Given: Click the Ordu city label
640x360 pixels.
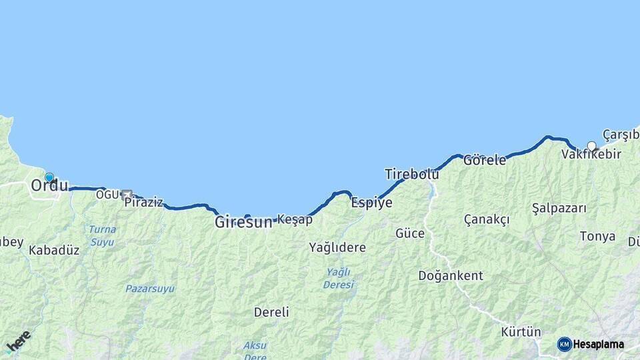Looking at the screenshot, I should [49, 186].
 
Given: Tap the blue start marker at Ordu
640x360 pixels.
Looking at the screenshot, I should [49, 177].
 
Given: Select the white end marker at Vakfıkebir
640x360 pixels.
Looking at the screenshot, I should [591, 146].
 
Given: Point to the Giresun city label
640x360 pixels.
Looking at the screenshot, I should [243, 223].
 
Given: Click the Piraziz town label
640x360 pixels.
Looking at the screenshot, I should [143, 202].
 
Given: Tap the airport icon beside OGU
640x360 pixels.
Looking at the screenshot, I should [126, 194].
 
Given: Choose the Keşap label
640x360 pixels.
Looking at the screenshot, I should [294, 219].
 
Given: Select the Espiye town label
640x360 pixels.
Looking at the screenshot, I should [371, 203].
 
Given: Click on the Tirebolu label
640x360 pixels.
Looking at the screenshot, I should [411, 174].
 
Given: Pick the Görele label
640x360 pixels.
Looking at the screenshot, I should [485, 160].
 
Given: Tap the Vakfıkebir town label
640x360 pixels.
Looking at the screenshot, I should [591, 155].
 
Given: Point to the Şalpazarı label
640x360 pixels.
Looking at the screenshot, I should [559, 208].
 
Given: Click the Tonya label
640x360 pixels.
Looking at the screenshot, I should [597, 236].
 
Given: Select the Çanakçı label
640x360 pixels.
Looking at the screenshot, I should [487, 219].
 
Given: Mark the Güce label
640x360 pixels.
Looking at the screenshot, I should [410, 233].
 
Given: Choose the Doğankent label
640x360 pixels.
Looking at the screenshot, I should [451, 275].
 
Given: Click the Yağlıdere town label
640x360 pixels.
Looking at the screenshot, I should [337, 247].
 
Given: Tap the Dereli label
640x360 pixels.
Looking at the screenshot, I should [271, 311].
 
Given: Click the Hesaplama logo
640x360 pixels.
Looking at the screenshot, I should [591, 344].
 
